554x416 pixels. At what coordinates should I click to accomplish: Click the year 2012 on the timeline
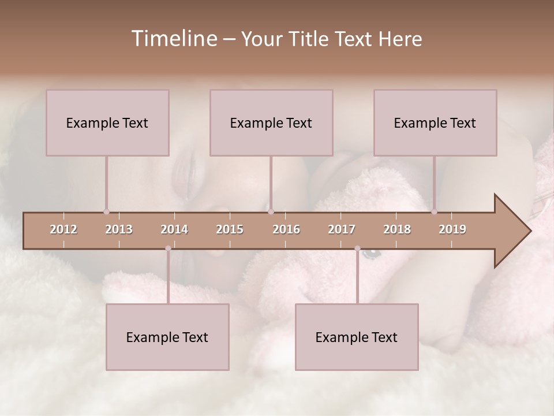63,229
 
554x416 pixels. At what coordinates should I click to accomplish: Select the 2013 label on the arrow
119,229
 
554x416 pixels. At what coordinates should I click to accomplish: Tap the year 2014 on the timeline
174,229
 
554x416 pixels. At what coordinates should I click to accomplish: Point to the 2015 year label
230,229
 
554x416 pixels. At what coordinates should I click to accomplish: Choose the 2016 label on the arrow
286,229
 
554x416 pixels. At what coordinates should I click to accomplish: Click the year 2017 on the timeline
342,229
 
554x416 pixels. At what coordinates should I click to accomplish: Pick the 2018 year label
397,229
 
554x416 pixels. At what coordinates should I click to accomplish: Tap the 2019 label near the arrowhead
452,229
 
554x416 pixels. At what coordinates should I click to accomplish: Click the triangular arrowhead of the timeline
511,231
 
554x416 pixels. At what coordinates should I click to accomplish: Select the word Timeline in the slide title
173,39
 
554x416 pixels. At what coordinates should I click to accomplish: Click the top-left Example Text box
107,122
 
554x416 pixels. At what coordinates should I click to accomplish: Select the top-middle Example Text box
271,122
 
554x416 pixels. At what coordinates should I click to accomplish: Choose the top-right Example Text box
435,122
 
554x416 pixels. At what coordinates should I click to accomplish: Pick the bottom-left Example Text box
167,337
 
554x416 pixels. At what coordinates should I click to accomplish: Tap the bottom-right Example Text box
357,337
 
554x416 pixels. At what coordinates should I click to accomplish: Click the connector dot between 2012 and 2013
106,211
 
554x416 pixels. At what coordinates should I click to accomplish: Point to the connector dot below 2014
168,248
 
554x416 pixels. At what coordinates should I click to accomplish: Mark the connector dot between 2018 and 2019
434,211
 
